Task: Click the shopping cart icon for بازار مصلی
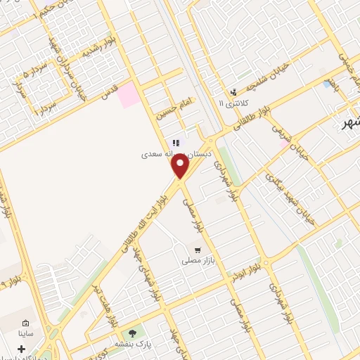pyautogui.click(x=199, y=250)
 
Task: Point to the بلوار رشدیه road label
pyautogui.click(x=100, y=49)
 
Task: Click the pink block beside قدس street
pyautogui.click(x=129, y=95)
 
